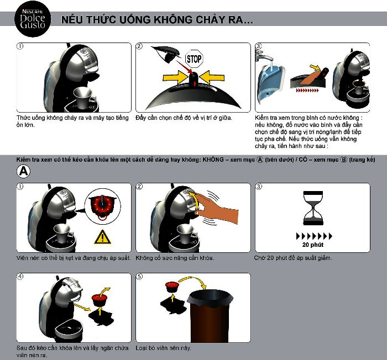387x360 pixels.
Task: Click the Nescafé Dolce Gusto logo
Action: [33, 19]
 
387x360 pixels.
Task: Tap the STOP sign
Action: [194, 59]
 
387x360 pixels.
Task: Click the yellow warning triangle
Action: [102, 237]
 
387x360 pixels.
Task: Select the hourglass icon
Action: [313, 208]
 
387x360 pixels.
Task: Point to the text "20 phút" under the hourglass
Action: [313, 245]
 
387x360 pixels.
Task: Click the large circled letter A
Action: [23, 171]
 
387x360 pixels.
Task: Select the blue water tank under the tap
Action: [270, 81]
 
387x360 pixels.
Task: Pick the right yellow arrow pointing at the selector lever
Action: [212, 77]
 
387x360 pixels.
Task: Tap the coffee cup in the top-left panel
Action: [83, 97]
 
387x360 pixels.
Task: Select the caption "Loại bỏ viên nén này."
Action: [164, 348]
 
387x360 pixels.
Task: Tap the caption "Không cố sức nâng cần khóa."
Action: [175, 258]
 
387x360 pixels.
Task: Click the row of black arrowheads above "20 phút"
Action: [314, 236]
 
